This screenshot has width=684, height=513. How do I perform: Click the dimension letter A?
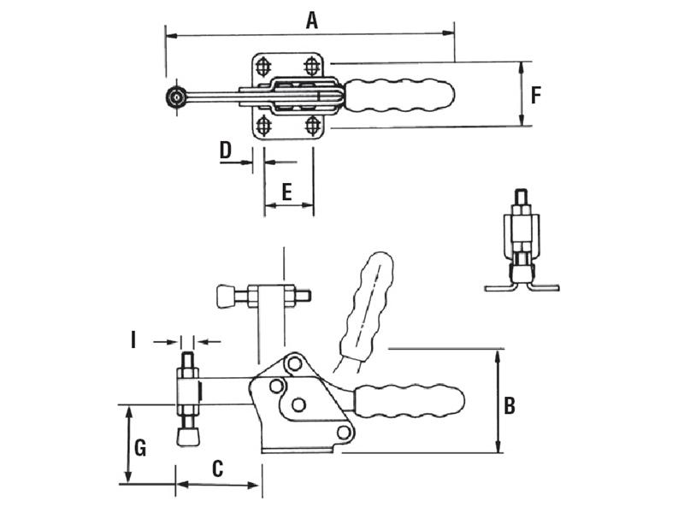click(x=311, y=21)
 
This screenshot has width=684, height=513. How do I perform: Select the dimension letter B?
click(x=509, y=405)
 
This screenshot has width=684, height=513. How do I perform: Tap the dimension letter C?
click(x=217, y=469)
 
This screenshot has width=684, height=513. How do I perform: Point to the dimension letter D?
click(x=225, y=150)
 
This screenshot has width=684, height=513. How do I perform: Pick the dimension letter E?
click(x=286, y=192)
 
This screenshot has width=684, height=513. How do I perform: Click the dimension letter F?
click(x=536, y=95)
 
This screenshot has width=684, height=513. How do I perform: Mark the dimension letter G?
click(x=140, y=448)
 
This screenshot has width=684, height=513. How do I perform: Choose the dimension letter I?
click(x=133, y=340)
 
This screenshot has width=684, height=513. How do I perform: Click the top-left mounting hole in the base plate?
click(x=263, y=67)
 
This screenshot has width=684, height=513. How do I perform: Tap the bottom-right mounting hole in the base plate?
click(x=311, y=126)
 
